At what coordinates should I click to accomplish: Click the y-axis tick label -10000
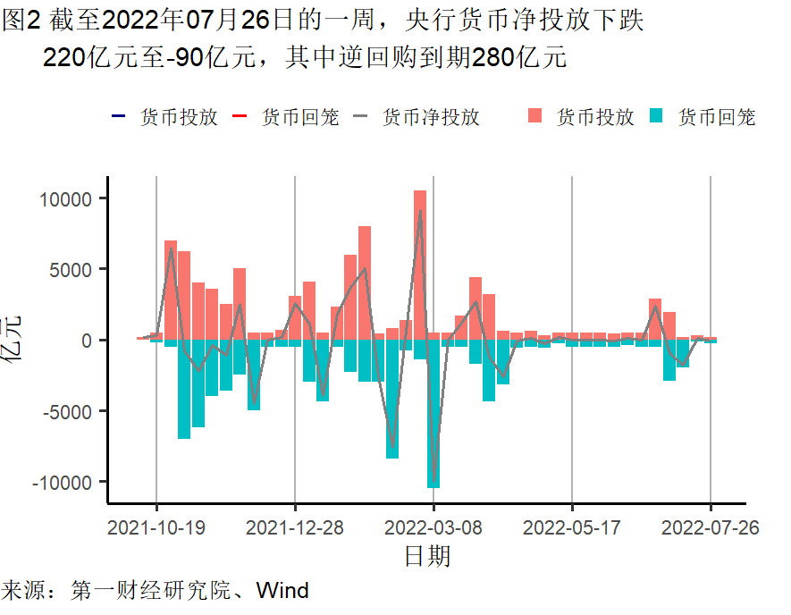click(x=63, y=482)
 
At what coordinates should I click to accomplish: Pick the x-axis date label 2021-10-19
click(x=156, y=527)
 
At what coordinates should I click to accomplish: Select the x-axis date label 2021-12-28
click(x=295, y=527)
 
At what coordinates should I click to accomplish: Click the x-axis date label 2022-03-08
click(x=433, y=527)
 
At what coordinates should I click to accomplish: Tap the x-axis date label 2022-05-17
click(x=572, y=527)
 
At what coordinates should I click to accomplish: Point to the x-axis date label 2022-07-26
click(x=711, y=527)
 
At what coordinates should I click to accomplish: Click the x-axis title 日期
click(x=427, y=557)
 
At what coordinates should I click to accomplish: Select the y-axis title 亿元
click(x=15, y=340)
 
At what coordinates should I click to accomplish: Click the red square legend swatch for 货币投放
click(x=535, y=116)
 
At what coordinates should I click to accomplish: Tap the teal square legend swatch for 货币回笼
click(x=657, y=116)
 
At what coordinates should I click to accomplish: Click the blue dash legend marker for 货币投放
click(x=118, y=117)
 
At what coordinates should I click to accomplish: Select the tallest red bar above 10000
click(x=420, y=265)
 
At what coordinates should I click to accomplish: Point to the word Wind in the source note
click(x=282, y=590)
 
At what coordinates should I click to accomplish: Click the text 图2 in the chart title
click(x=20, y=21)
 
